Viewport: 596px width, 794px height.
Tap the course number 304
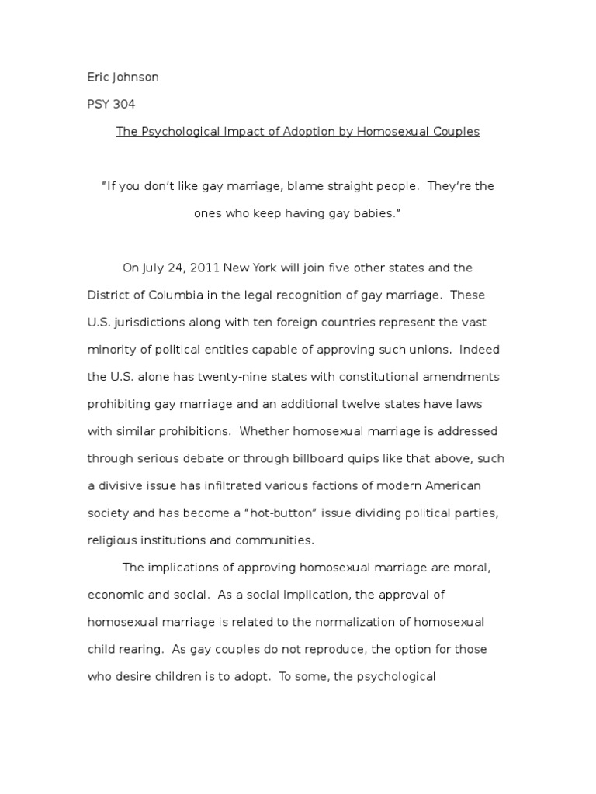[x=125, y=105]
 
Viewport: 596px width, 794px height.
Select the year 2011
[x=204, y=268]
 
